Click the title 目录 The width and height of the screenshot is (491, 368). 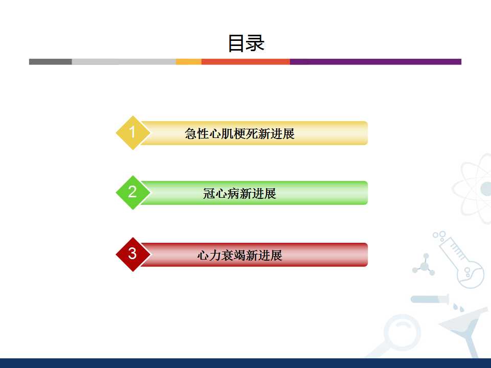(246, 43)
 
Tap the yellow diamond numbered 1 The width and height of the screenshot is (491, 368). (133, 133)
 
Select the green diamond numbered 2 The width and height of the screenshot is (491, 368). (133, 193)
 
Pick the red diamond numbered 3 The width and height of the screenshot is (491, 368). (133, 255)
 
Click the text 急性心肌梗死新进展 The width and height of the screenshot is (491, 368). (239, 133)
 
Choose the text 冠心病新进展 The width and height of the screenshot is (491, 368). (239, 193)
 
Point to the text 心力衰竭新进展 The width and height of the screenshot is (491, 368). (239, 256)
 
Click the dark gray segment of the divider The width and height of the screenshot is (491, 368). (51, 62)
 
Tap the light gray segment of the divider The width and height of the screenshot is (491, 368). (124, 62)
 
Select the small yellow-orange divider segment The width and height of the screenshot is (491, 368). (189, 62)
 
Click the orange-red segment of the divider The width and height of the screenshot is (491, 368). (245, 62)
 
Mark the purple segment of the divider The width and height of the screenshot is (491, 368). (375, 62)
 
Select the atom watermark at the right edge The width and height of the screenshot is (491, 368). (472, 189)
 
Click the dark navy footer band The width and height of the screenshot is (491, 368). (245, 363)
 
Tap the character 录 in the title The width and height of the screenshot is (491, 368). (255, 43)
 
